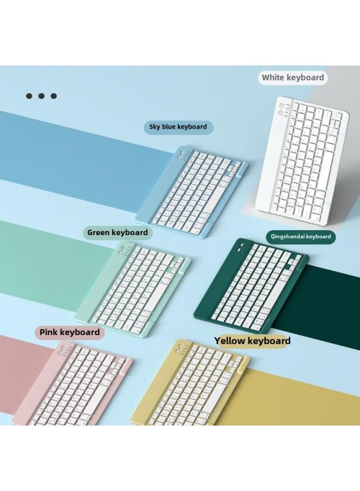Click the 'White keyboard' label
coord(293,77)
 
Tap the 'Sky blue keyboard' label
coord(178,127)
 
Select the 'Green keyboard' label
coord(117,232)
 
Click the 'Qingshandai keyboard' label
coord(301,236)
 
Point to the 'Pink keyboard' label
coord(69,332)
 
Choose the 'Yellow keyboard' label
coord(253,340)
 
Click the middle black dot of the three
coord(41,96)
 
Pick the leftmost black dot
coord(29,96)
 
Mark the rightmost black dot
coord(53,96)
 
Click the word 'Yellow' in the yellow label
coord(230,340)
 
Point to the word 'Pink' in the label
coord(49,332)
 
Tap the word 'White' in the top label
coord(273,77)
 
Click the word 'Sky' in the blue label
coord(155,127)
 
